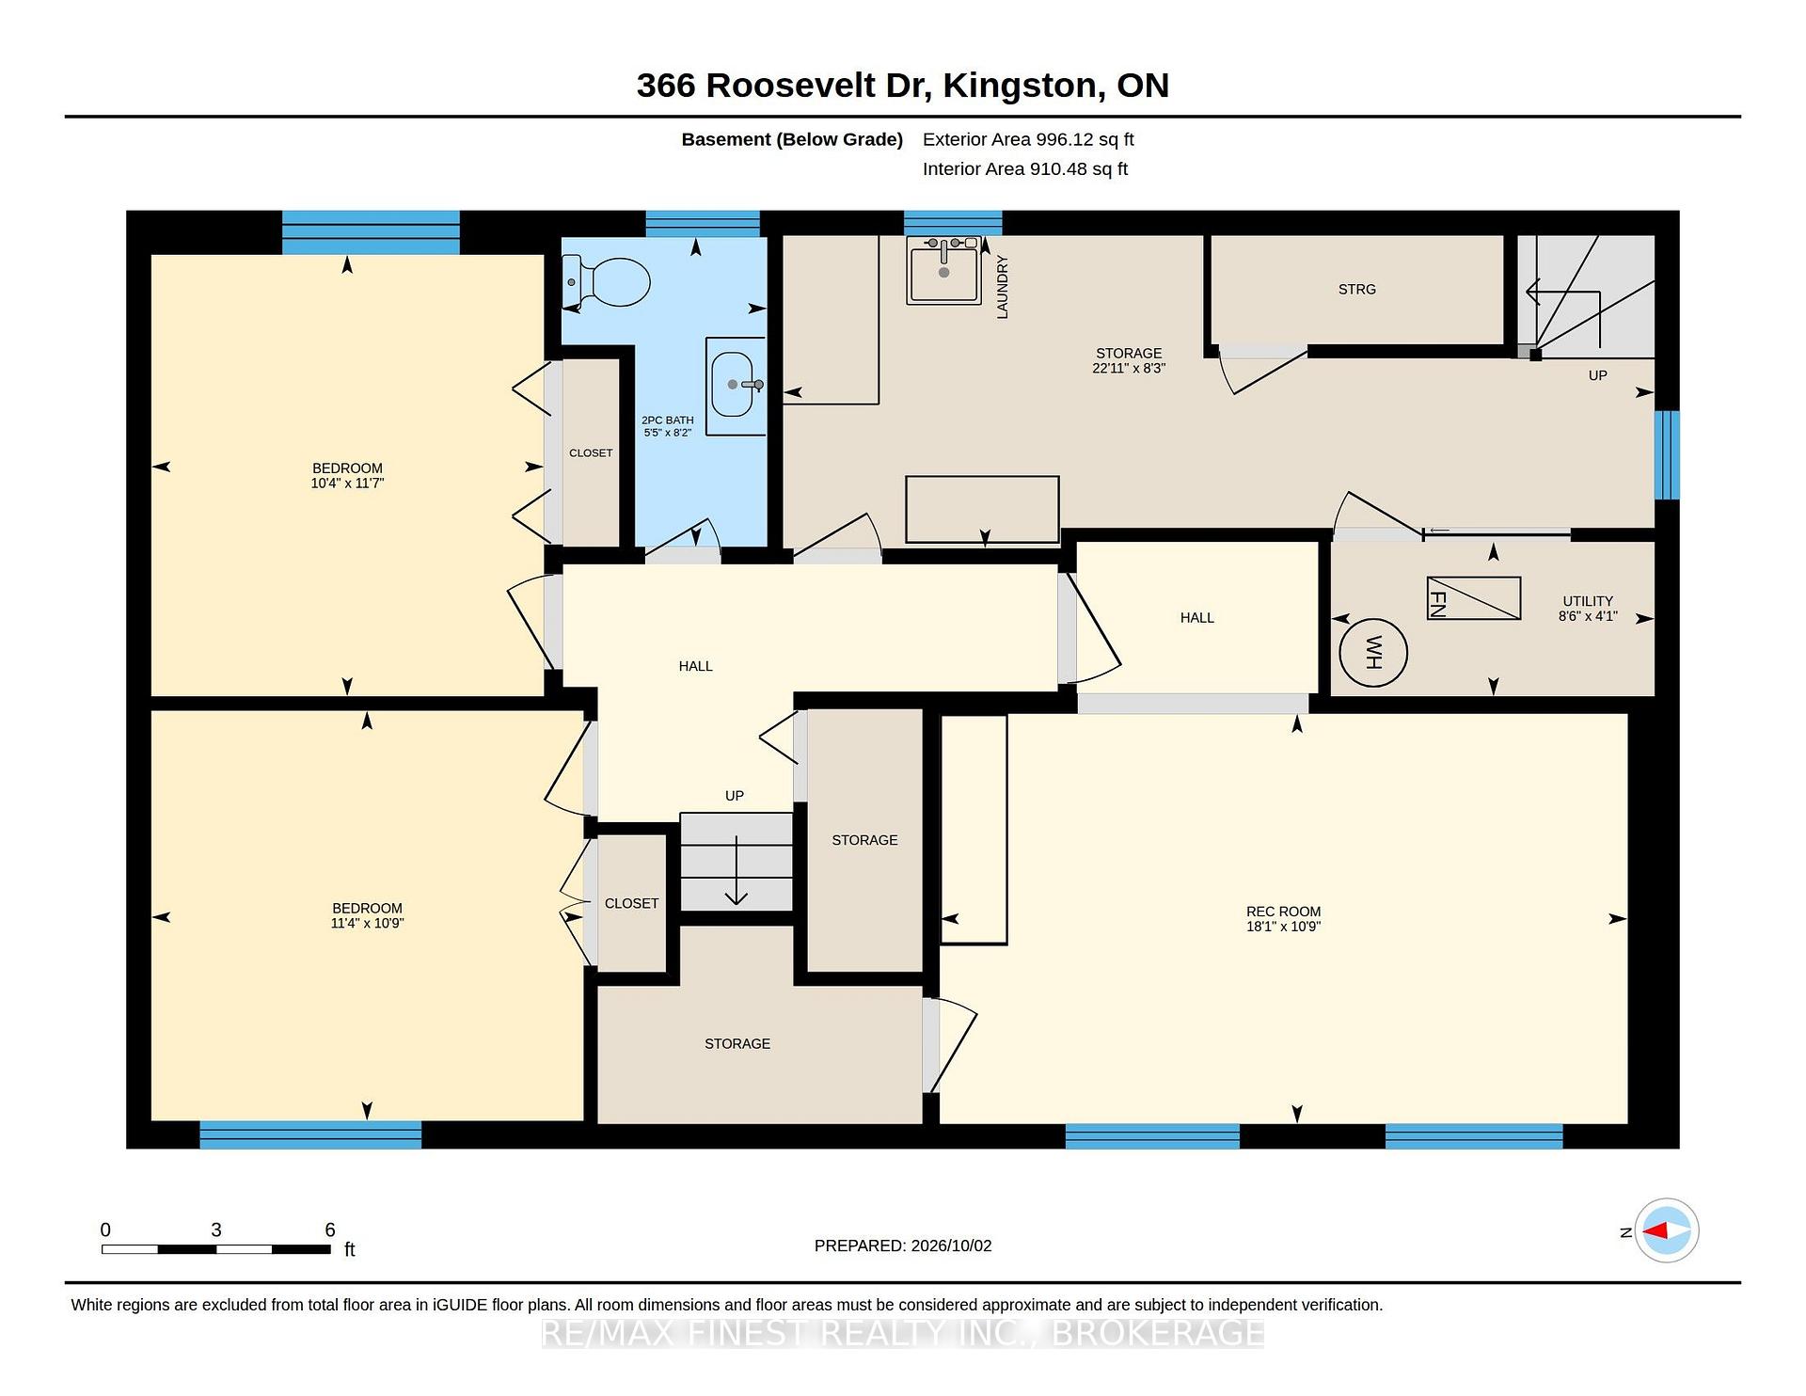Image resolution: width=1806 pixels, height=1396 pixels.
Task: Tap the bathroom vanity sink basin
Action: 733,385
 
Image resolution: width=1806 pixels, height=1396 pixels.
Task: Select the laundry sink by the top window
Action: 943,270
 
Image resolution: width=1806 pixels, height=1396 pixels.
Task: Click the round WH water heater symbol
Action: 1372,652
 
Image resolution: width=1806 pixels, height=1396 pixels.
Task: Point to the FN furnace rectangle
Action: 1473,598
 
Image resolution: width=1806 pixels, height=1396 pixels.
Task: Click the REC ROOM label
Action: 1283,912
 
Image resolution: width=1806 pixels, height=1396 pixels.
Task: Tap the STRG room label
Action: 1356,290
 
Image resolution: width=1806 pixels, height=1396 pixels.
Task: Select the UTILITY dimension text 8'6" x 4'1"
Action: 1588,616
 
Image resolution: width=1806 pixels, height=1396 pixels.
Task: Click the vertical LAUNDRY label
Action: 1002,287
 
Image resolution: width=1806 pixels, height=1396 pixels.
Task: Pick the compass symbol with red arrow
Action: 1666,1230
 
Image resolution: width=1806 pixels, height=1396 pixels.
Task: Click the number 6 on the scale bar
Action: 329,1229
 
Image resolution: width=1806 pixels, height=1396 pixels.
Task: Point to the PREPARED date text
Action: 903,1245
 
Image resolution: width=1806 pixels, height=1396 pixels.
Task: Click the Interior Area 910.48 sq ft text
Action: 1025,169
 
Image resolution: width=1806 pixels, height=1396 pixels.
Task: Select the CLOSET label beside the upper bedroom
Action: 591,453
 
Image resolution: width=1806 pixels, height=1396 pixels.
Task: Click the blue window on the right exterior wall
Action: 1667,455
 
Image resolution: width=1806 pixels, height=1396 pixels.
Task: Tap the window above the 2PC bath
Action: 703,224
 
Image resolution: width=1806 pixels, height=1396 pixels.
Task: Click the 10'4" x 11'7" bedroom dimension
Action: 347,484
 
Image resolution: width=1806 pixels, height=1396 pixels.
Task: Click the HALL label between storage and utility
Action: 1196,618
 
